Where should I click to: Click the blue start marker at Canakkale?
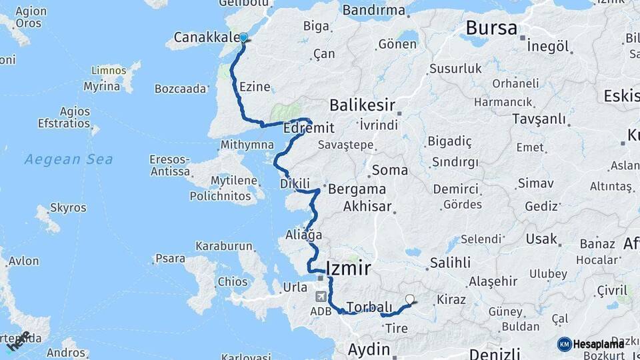click(x=243, y=38)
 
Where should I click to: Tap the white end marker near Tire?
click(x=410, y=300)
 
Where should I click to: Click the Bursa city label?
click(x=491, y=28)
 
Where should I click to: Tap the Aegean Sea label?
click(x=69, y=159)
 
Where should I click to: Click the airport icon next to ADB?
click(x=323, y=296)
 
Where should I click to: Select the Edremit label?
click(x=309, y=127)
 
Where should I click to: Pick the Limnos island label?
click(x=109, y=71)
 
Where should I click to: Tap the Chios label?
click(x=232, y=281)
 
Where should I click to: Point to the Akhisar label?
click(x=367, y=207)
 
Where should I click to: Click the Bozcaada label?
click(x=180, y=89)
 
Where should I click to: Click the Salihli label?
click(x=450, y=262)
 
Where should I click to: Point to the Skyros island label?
click(x=68, y=208)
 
